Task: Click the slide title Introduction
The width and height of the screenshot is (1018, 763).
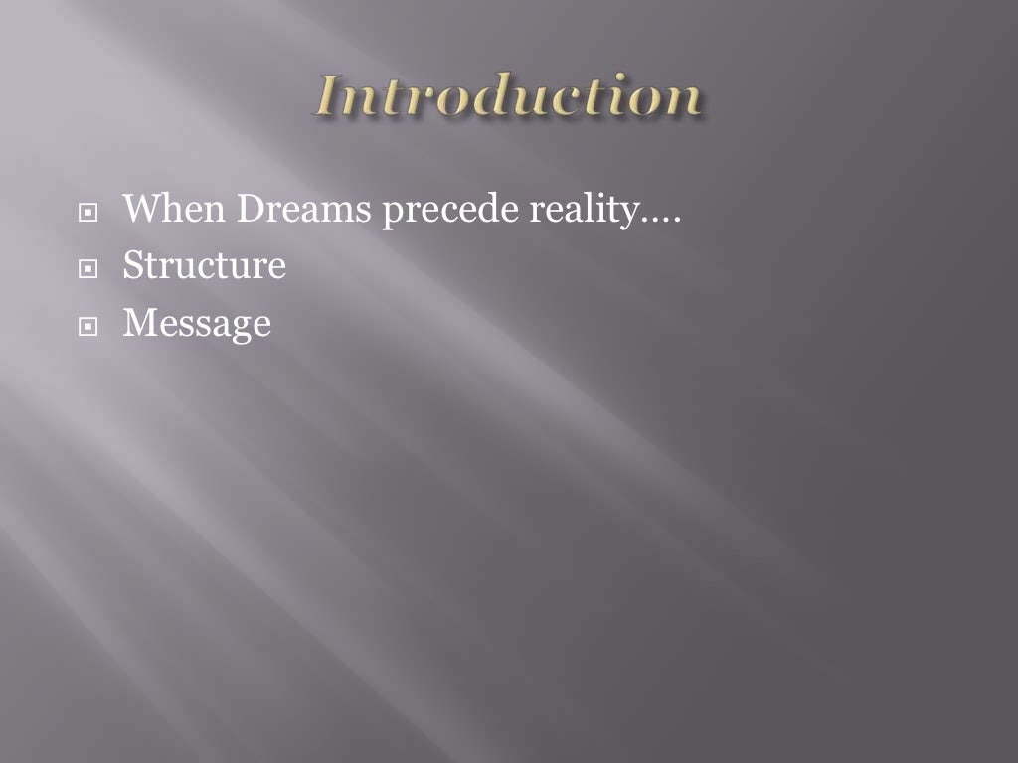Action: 509,99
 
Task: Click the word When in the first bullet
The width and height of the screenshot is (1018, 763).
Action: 162,211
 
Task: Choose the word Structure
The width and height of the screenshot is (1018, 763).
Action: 204,266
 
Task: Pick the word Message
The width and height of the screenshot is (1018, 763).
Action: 196,324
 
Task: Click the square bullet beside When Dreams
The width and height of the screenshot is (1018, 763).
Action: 89,214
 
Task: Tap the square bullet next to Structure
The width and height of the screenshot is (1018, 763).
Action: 89,268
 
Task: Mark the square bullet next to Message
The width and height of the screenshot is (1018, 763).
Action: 89,325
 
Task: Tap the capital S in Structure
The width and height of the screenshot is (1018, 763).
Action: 133,266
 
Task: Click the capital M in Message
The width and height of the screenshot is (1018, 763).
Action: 138,323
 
